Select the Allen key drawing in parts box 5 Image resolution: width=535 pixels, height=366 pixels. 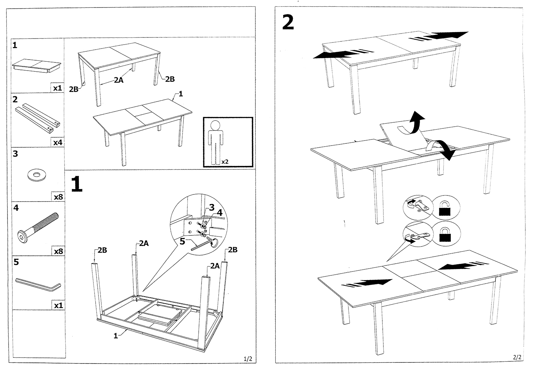38,285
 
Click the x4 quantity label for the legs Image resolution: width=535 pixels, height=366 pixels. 58,143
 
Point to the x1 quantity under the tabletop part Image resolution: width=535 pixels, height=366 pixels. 57,88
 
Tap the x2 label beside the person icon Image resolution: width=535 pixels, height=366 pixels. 225,162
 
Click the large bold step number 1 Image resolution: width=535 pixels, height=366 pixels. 77,184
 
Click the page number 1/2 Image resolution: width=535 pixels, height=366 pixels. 248,358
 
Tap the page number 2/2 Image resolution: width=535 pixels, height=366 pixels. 517,357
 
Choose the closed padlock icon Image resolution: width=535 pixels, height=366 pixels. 444,236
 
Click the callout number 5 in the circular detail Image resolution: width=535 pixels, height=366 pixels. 182,242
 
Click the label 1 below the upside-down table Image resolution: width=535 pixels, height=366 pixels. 116,336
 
